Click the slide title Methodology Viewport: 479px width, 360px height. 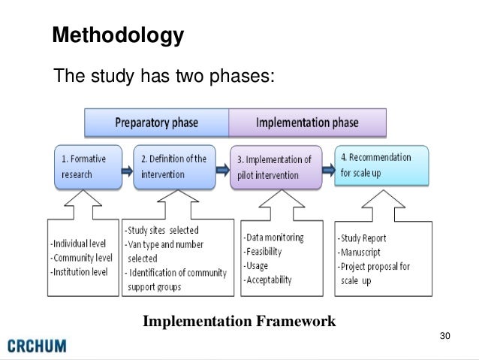coord(117,35)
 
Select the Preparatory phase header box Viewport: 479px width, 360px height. coord(156,122)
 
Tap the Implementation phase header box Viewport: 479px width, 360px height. coord(307,122)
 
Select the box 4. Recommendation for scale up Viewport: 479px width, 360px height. coord(381,165)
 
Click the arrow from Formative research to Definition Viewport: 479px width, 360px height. coord(122,169)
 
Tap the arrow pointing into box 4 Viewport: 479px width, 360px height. coord(327,167)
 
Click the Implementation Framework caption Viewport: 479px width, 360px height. coord(239,322)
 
